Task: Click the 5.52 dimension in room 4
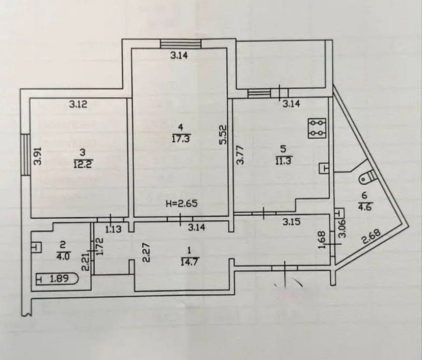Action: coord(224,135)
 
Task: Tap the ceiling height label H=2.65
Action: coord(181,203)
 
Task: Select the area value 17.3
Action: coord(181,139)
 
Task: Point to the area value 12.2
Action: coord(83,164)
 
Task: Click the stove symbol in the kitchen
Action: coord(318,128)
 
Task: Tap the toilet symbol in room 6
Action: coord(367,177)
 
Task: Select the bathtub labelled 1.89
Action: coord(57,279)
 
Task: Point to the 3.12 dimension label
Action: coord(78,104)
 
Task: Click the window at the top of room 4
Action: coord(180,44)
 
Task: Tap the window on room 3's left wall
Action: coord(25,155)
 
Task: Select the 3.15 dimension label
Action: coord(291,222)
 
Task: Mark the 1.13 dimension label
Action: coord(113,229)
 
